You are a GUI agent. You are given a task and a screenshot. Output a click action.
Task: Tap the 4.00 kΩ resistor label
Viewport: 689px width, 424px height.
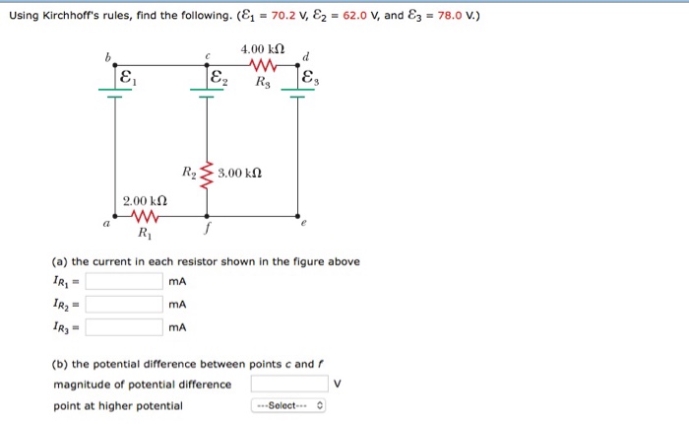(262, 48)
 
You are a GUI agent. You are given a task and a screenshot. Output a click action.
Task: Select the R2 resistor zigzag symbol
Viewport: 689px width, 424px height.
(207, 174)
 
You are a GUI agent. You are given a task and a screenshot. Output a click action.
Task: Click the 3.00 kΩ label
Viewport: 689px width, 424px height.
(240, 174)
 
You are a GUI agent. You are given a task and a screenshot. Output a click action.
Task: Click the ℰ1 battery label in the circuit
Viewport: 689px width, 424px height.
(126, 77)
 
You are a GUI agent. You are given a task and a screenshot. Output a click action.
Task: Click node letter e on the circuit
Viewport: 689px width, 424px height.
(304, 225)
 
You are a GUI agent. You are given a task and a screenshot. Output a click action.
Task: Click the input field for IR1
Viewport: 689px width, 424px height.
(124, 282)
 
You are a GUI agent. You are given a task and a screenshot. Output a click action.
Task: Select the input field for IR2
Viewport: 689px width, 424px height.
(124, 305)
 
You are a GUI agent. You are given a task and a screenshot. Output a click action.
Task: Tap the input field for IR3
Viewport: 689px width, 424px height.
(124, 327)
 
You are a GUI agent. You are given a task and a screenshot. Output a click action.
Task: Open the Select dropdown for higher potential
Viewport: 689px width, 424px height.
(289, 406)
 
